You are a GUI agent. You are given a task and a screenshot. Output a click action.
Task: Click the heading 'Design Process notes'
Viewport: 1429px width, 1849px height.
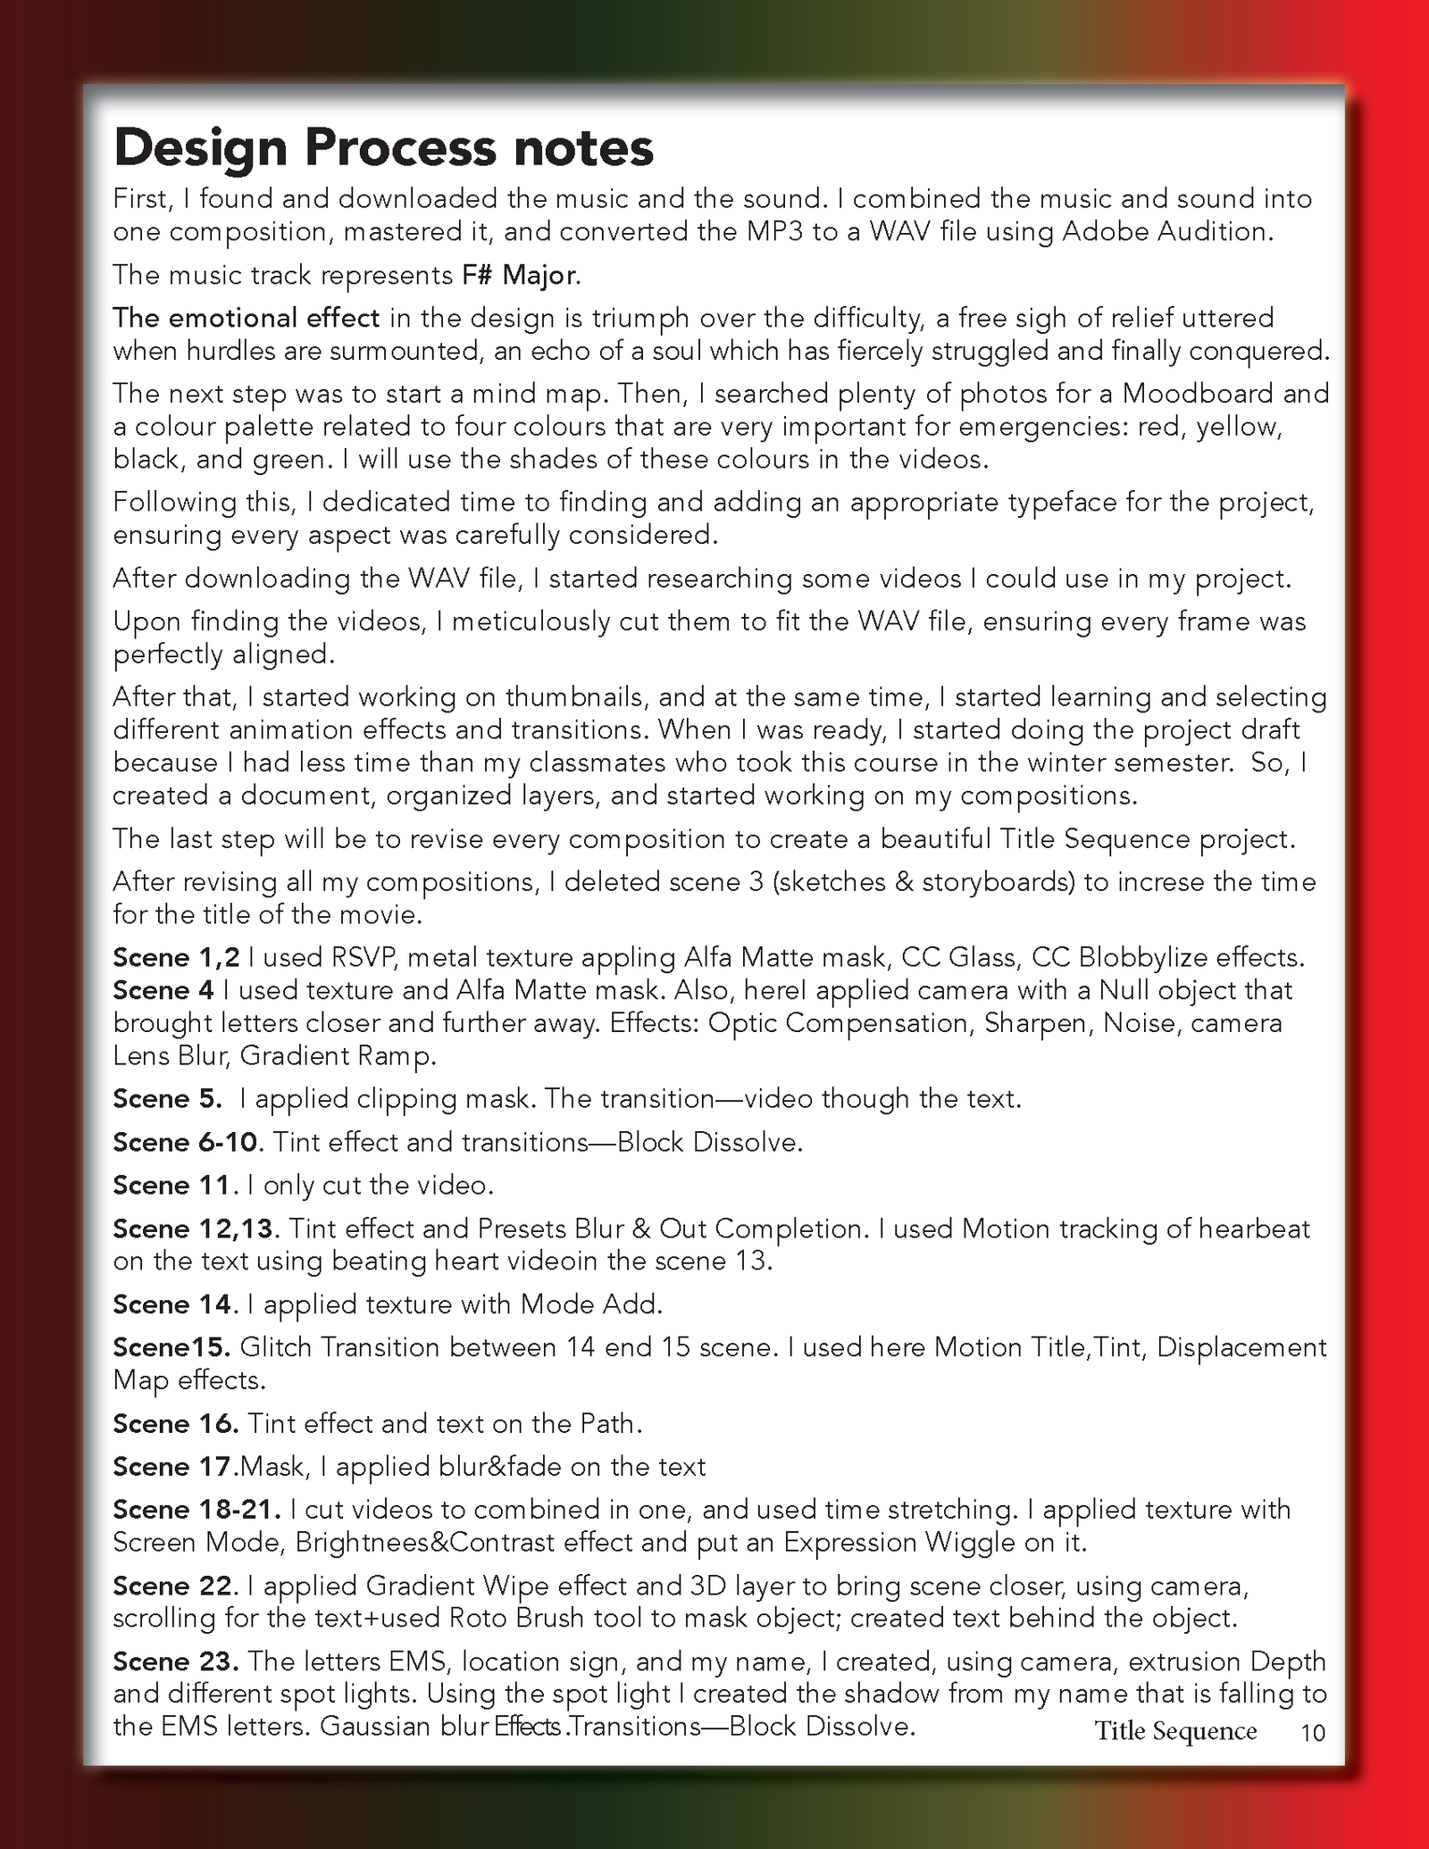click(x=383, y=148)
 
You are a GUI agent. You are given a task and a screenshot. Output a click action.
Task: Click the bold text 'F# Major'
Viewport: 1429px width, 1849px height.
click(x=520, y=274)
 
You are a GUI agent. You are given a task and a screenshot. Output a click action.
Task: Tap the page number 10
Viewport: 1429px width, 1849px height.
click(x=1313, y=1733)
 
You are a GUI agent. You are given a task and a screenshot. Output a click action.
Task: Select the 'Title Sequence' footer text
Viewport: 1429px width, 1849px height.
click(x=1175, y=1731)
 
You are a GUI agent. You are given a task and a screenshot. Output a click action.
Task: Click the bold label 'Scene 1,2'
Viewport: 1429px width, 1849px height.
click(x=176, y=957)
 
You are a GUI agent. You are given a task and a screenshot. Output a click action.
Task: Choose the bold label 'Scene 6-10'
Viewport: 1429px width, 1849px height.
click(x=187, y=1142)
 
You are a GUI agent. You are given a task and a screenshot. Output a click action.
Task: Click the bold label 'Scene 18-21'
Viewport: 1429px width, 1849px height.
click(x=196, y=1510)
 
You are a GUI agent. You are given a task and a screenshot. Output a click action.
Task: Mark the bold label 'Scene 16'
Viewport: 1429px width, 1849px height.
click(x=175, y=1423)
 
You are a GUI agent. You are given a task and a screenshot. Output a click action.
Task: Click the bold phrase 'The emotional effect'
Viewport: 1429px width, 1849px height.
click(x=247, y=318)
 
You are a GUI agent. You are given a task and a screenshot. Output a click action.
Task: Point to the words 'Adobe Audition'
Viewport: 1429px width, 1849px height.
click(x=1165, y=232)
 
